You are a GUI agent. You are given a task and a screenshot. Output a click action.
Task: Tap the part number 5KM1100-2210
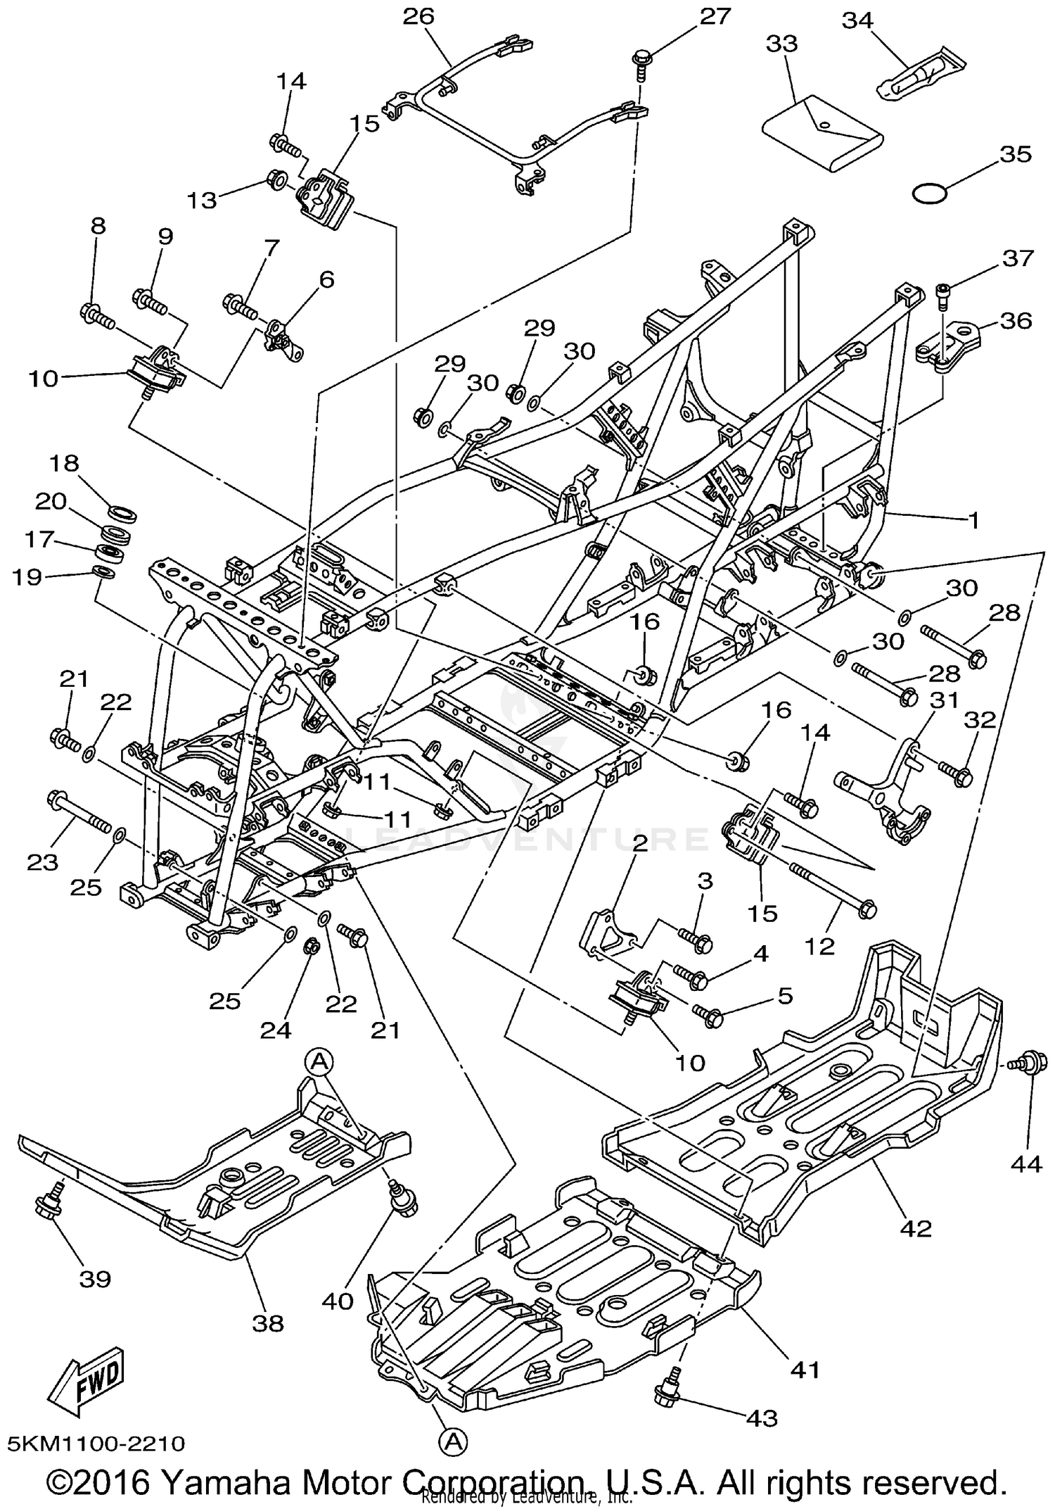(96, 1444)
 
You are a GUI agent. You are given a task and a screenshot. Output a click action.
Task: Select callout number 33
(781, 44)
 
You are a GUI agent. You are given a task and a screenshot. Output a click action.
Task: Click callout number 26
(418, 16)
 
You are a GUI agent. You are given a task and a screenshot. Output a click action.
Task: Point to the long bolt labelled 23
(77, 812)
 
